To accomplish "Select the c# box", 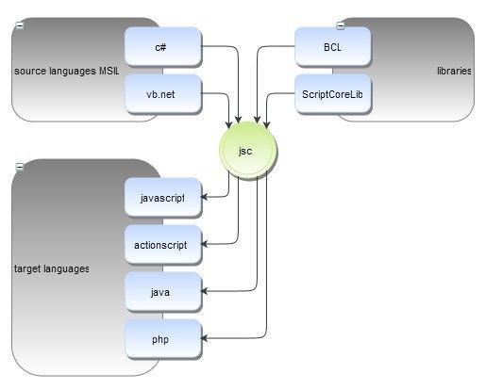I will [161, 45].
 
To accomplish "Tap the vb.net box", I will [161, 93].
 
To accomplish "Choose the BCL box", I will [331, 45].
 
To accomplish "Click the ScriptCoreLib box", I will [331, 93].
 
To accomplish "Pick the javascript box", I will [161, 198].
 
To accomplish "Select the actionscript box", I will [161, 245].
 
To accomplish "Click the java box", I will [161, 292].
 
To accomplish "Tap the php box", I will [161, 338].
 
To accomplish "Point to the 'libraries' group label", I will [454, 71].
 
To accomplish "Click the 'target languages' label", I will [52, 268].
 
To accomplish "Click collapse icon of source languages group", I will [19, 25].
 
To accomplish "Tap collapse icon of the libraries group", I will [341, 25].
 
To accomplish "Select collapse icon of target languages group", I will [19, 167].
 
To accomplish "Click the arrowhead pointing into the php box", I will [205, 338].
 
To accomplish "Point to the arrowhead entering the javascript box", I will [205, 197].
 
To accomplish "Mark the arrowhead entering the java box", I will [205, 292].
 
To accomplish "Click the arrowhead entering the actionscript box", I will [205, 245].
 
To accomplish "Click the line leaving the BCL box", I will [283, 45].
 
